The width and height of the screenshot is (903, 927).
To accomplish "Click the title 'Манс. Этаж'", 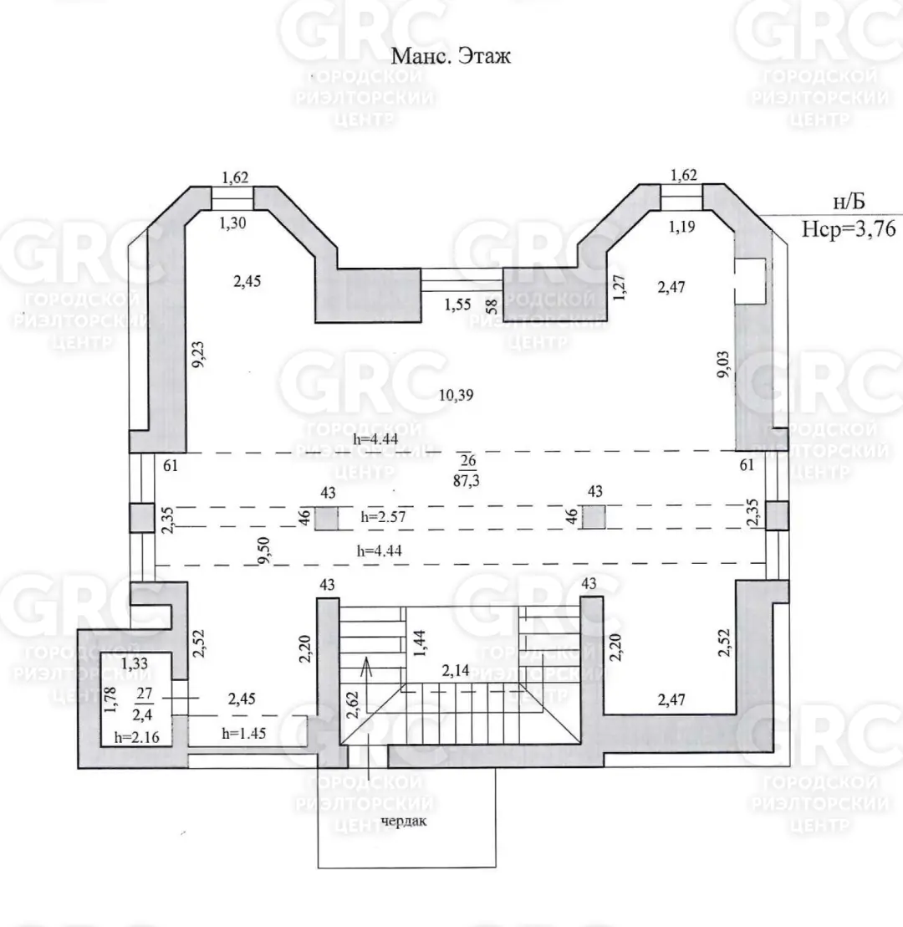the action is tap(451, 56).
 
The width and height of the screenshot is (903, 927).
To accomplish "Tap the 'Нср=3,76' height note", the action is tap(849, 228).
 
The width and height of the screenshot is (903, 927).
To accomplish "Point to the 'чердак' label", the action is tap(404, 822).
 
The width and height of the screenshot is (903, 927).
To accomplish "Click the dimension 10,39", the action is tap(456, 395).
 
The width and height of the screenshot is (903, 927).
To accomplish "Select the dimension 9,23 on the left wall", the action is tap(198, 354).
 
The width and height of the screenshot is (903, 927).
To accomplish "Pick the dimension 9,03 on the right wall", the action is tap(722, 364).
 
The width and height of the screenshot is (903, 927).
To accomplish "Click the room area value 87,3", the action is tap(467, 480).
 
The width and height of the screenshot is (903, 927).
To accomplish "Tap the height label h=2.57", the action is tap(383, 516).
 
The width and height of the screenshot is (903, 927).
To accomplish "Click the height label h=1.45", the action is tap(244, 733).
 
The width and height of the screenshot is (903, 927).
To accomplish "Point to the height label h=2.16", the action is tap(136, 736).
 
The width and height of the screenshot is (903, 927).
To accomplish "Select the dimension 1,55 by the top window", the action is tap(457, 305).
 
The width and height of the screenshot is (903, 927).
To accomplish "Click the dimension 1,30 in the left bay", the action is tap(232, 223).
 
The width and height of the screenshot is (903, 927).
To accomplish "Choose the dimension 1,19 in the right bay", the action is tap(681, 227).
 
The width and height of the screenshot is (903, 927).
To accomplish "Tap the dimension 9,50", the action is tap(263, 550).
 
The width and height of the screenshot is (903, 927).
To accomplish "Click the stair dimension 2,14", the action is tap(455, 670).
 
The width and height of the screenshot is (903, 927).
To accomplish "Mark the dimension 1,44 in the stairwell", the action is tap(421, 643).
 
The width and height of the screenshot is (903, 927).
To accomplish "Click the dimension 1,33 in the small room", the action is tap(134, 663).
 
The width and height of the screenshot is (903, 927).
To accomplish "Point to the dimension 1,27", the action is tap(619, 287).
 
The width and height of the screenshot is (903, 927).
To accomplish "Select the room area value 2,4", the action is tap(142, 714).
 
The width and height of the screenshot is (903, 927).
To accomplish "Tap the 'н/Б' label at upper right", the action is tap(849, 202).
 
